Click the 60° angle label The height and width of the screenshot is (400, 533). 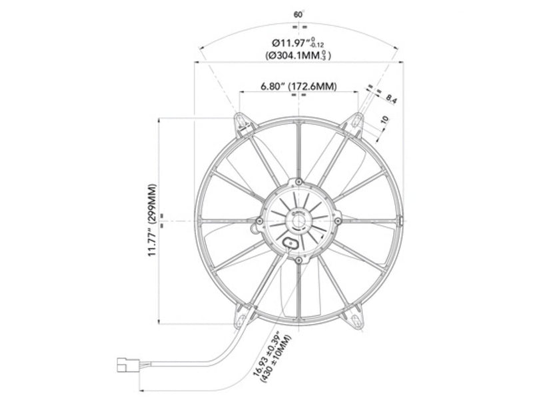(299, 13)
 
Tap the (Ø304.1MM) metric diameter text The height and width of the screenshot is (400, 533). (298, 56)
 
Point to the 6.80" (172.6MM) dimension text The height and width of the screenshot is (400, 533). (298, 87)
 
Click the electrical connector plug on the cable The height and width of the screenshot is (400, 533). (125, 365)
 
